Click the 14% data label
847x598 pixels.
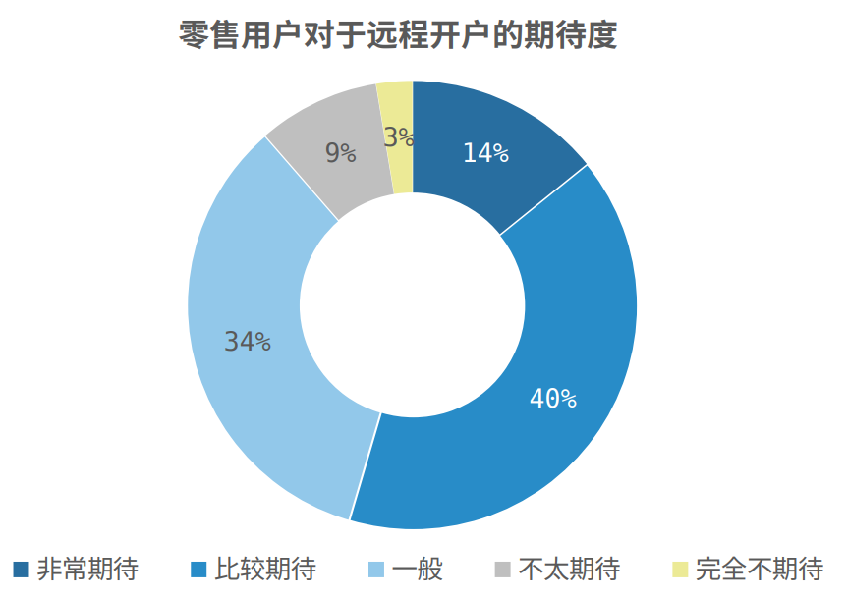pos(485,153)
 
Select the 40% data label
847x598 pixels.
pos(552,399)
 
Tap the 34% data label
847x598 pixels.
pos(248,342)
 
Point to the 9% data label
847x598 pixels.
pos(340,152)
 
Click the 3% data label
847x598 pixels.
pos(398,138)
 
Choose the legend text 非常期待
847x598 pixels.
pos(87,569)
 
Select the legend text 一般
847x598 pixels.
pos(418,569)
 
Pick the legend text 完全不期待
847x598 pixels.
pos(759,569)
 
